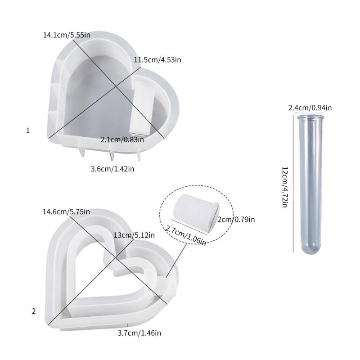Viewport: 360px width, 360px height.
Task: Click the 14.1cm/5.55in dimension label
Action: [67, 35]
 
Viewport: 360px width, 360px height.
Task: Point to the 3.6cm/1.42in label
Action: [112, 169]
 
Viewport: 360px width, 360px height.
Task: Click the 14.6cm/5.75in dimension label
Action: [67, 211]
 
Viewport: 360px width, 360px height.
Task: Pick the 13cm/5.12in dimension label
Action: [135, 235]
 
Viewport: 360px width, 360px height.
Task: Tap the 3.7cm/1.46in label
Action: [139, 333]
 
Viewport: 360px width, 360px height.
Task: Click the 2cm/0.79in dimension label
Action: [236, 220]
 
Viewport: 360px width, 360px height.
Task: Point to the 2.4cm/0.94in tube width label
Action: [310, 108]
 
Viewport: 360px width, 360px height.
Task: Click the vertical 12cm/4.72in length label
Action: [284, 187]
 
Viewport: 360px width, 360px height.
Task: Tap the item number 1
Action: [28, 130]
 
